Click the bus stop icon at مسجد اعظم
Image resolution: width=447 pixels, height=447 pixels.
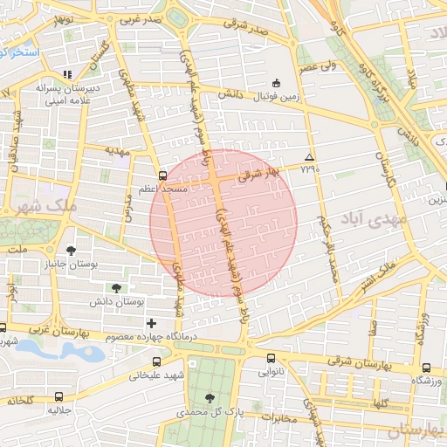(x=162, y=175)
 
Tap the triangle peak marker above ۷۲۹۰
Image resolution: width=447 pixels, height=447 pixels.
(x=308, y=157)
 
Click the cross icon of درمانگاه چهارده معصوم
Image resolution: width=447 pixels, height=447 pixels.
(x=152, y=323)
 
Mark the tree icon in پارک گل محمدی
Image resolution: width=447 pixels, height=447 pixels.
(x=208, y=398)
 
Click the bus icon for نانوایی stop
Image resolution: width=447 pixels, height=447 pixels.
(x=269, y=358)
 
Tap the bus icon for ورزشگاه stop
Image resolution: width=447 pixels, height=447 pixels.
(x=425, y=368)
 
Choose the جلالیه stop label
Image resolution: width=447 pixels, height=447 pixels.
(x=58, y=409)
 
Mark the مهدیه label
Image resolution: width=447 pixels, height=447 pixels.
(x=118, y=150)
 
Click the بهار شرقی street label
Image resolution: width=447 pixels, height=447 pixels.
(x=258, y=174)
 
